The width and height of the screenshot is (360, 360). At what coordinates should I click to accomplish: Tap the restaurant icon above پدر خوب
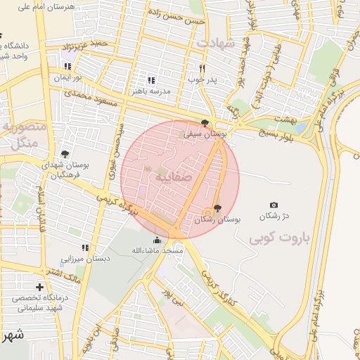(202, 69)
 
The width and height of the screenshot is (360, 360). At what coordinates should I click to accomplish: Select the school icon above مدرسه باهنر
(151, 80)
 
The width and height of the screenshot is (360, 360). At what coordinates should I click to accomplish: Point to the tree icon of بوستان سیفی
(205, 122)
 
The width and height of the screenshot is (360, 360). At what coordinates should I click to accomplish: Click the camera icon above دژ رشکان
(274, 205)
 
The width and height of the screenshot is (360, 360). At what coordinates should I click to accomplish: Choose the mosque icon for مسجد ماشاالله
(156, 240)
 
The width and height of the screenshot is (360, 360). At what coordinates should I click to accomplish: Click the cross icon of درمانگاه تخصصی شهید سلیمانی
(39, 287)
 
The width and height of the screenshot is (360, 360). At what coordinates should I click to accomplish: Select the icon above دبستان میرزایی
(85, 248)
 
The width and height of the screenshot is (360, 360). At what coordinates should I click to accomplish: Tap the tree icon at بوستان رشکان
(217, 208)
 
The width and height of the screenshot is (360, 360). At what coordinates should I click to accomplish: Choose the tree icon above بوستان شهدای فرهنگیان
(65, 154)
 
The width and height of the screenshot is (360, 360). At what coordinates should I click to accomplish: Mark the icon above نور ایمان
(67, 66)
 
